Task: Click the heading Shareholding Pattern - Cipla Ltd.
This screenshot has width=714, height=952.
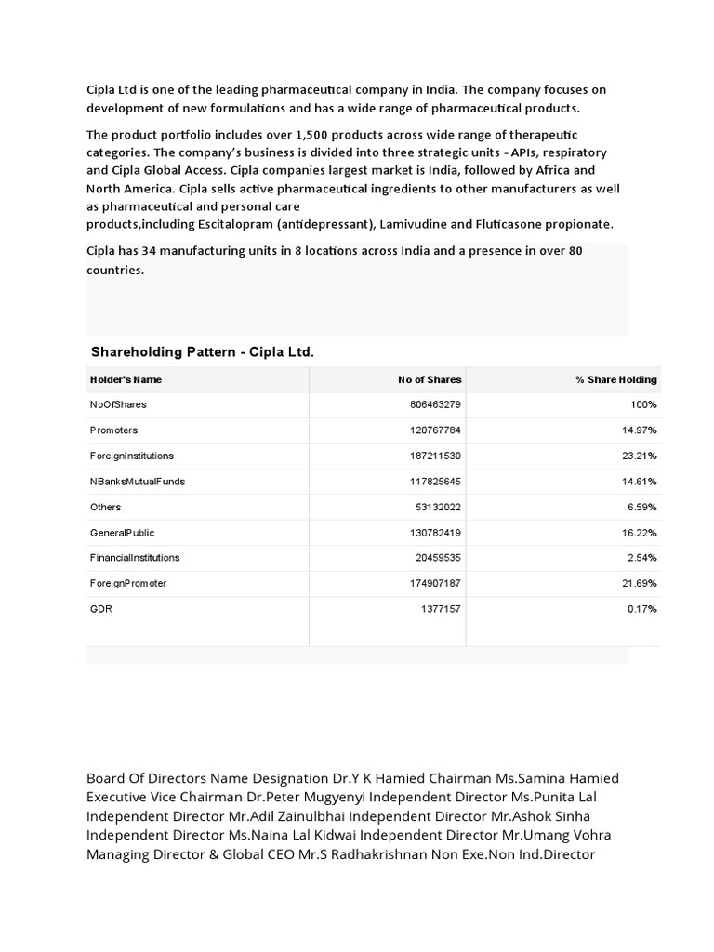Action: (202, 353)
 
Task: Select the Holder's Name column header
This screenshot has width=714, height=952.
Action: (126, 379)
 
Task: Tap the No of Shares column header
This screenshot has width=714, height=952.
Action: (430, 379)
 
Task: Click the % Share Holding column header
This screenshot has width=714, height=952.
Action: (616, 379)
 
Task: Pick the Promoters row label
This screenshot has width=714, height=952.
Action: (113, 430)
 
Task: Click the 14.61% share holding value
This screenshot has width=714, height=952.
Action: (641, 482)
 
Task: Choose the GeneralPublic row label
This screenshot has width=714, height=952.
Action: (122, 533)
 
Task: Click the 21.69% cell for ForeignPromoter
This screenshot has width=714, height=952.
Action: (641, 583)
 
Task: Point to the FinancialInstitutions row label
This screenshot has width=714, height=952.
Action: (135, 558)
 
